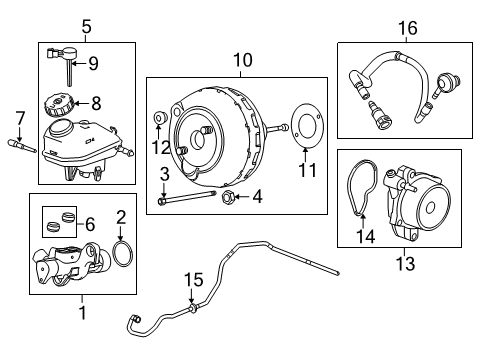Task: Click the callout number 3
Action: point(161,176)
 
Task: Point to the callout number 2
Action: point(121,216)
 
